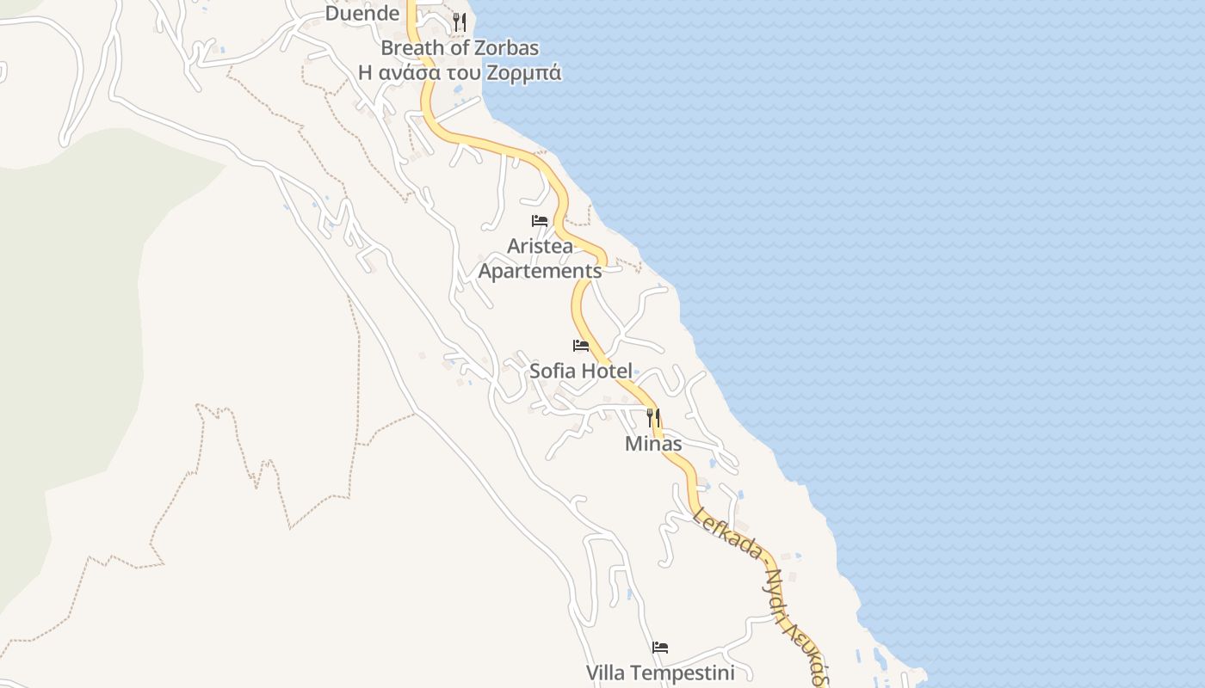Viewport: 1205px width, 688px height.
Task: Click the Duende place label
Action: [362, 14]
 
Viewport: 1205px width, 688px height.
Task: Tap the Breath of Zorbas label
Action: [460, 48]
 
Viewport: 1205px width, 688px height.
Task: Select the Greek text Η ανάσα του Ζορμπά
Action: [460, 73]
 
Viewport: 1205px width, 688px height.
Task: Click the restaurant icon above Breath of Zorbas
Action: [460, 22]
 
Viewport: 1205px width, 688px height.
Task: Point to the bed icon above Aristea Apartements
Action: [540, 221]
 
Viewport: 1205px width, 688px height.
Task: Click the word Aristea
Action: [540, 246]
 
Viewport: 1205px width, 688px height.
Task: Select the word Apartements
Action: [540, 271]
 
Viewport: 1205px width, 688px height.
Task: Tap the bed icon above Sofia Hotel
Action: [581, 346]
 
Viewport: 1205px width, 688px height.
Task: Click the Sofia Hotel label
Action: [581, 372]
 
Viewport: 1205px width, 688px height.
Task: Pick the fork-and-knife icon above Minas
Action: [653, 418]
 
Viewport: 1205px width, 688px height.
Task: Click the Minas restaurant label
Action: [653, 444]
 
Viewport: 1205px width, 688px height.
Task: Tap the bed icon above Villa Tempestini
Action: [660, 647]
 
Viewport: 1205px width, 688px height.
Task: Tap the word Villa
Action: [605, 673]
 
